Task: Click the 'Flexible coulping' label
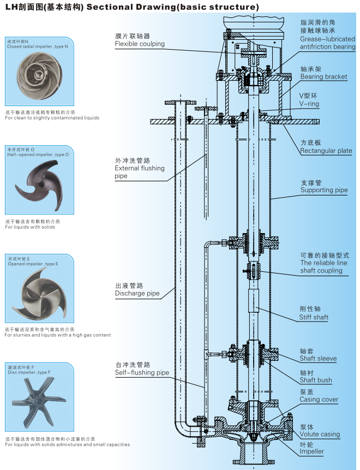tap(140, 44)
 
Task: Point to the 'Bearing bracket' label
tap(323, 77)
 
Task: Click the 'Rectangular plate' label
tap(326, 151)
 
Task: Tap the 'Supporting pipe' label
tap(324, 190)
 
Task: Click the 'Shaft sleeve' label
tap(318, 359)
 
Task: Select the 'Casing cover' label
tap(319, 400)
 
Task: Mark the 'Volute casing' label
tap(320, 435)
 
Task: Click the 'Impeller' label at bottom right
tap(311, 451)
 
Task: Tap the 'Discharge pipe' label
tap(137, 294)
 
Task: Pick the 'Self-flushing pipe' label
tap(142, 373)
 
